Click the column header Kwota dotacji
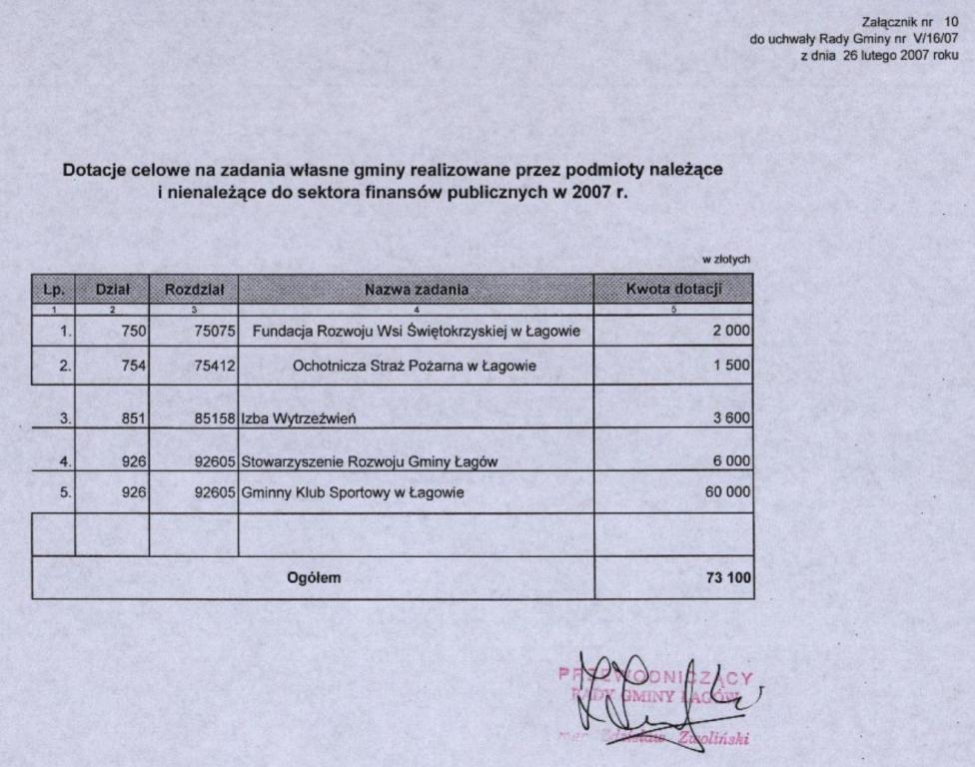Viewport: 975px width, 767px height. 673,290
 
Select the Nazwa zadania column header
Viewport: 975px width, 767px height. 416,290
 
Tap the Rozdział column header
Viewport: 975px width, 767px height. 194,290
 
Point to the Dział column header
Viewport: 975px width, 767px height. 112,290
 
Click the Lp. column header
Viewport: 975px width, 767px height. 54,290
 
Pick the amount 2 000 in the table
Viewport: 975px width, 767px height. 731,331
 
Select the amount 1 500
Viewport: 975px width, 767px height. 731,366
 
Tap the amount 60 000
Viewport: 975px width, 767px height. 727,492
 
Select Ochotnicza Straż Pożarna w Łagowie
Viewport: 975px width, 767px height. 415,366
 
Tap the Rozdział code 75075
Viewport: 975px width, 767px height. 214,331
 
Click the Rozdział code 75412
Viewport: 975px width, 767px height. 214,366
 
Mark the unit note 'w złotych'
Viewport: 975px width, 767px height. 726,260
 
